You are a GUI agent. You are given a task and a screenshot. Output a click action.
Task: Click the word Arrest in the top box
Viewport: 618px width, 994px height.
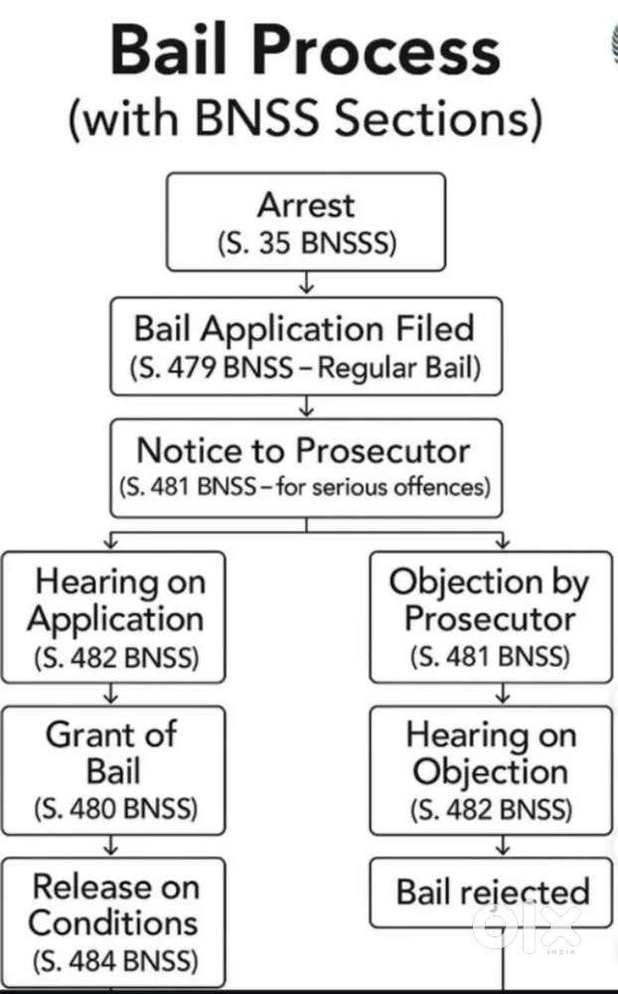(x=305, y=206)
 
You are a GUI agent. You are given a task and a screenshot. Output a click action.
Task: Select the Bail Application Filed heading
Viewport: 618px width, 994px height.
(x=305, y=328)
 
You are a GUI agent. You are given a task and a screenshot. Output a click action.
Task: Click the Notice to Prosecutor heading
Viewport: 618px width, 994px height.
(x=303, y=451)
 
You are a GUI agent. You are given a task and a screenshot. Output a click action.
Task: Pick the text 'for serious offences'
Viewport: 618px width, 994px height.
(x=397, y=488)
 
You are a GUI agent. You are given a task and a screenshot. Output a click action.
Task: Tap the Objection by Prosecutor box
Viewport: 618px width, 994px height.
(x=490, y=617)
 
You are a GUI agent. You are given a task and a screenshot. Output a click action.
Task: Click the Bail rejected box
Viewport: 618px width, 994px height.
(x=491, y=892)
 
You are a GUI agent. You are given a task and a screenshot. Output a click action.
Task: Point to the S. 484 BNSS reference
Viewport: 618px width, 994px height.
(x=112, y=961)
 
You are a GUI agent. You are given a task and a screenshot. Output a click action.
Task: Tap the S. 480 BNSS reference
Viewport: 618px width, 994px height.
(x=112, y=808)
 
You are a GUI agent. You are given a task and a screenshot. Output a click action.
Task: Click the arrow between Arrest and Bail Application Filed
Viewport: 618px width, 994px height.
(x=306, y=284)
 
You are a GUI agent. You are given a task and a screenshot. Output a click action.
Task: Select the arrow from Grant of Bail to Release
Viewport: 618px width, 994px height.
(x=112, y=846)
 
